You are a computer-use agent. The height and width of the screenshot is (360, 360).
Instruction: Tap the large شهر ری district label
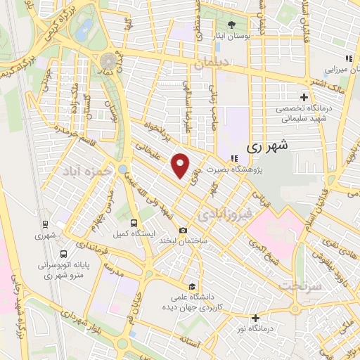pyautogui.click(x=269, y=147)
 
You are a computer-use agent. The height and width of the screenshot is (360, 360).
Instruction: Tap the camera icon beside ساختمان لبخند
pyautogui.click(x=184, y=230)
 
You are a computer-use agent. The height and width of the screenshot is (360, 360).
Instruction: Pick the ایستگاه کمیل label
pyautogui.click(x=130, y=232)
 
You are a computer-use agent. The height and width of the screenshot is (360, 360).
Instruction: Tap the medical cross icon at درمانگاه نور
pyautogui.click(x=255, y=318)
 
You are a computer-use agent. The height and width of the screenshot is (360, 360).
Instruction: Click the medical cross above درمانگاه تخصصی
pyautogui.click(x=304, y=97)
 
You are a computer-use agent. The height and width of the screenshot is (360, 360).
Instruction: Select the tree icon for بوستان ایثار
pyautogui.click(x=232, y=25)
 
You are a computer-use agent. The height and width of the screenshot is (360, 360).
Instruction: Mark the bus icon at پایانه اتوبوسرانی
pyautogui.click(x=65, y=254)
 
